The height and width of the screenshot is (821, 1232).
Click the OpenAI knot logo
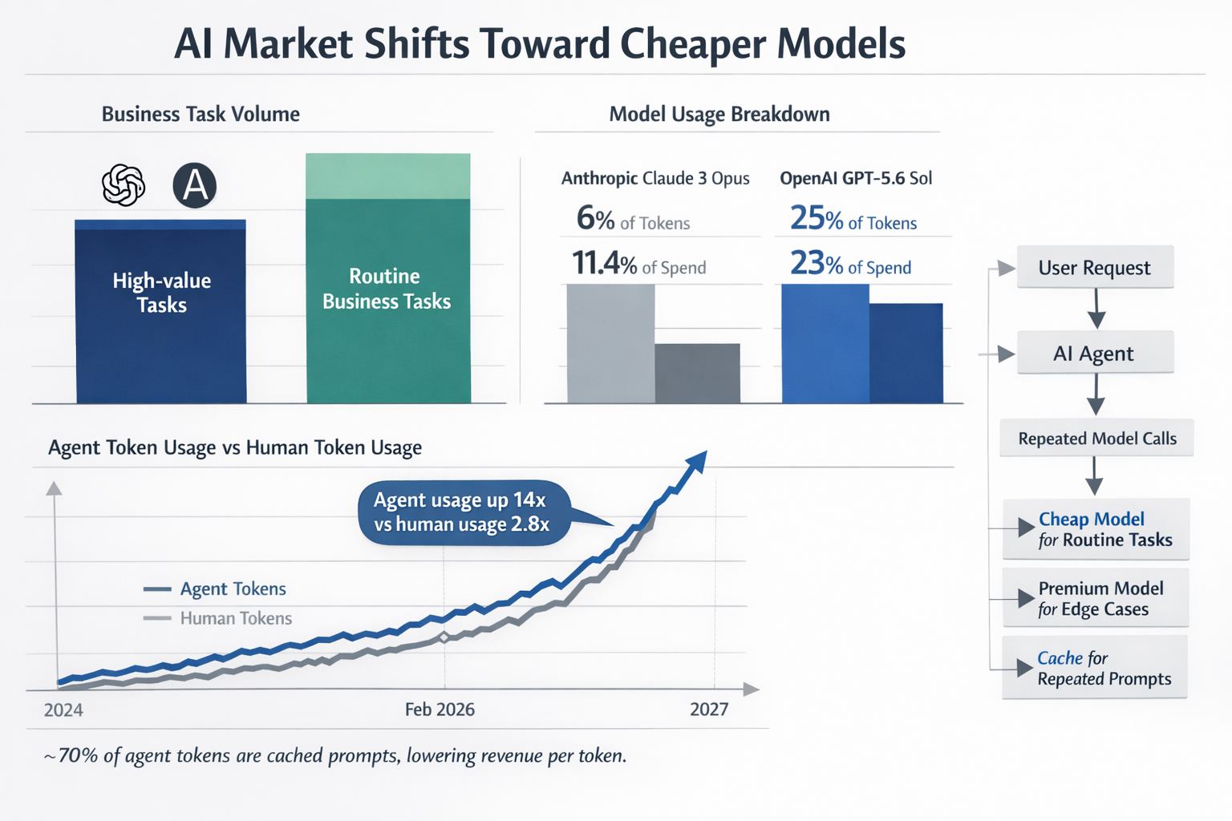click(124, 184)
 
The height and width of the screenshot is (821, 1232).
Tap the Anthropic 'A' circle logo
click(195, 185)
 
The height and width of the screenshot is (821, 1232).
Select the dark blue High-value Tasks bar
click(160, 311)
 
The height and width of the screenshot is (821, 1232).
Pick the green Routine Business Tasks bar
click(388, 278)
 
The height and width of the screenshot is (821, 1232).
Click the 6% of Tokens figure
click(633, 218)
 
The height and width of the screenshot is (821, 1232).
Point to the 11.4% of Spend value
click(638, 263)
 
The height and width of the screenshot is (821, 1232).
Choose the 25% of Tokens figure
click(853, 218)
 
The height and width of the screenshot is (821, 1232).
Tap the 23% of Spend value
click(850, 263)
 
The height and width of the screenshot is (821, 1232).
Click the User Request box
click(1095, 267)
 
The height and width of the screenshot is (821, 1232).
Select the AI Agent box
click(1095, 353)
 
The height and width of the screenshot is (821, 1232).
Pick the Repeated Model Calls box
click(1096, 438)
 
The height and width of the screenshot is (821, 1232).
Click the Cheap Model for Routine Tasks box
click(1096, 529)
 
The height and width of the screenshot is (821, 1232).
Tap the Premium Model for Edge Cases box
click(1096, 598)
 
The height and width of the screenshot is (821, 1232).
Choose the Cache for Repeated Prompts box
click(1095, 668)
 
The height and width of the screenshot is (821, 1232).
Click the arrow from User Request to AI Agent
click(1096, 309)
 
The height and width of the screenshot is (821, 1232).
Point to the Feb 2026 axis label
click(440, 710)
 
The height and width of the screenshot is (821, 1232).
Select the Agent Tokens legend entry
click(214, 589)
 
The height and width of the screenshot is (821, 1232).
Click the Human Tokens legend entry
click(217, 619)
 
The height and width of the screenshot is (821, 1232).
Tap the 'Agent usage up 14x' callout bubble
click(464, 512)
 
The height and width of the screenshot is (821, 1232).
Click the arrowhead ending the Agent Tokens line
click(696, 462)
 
